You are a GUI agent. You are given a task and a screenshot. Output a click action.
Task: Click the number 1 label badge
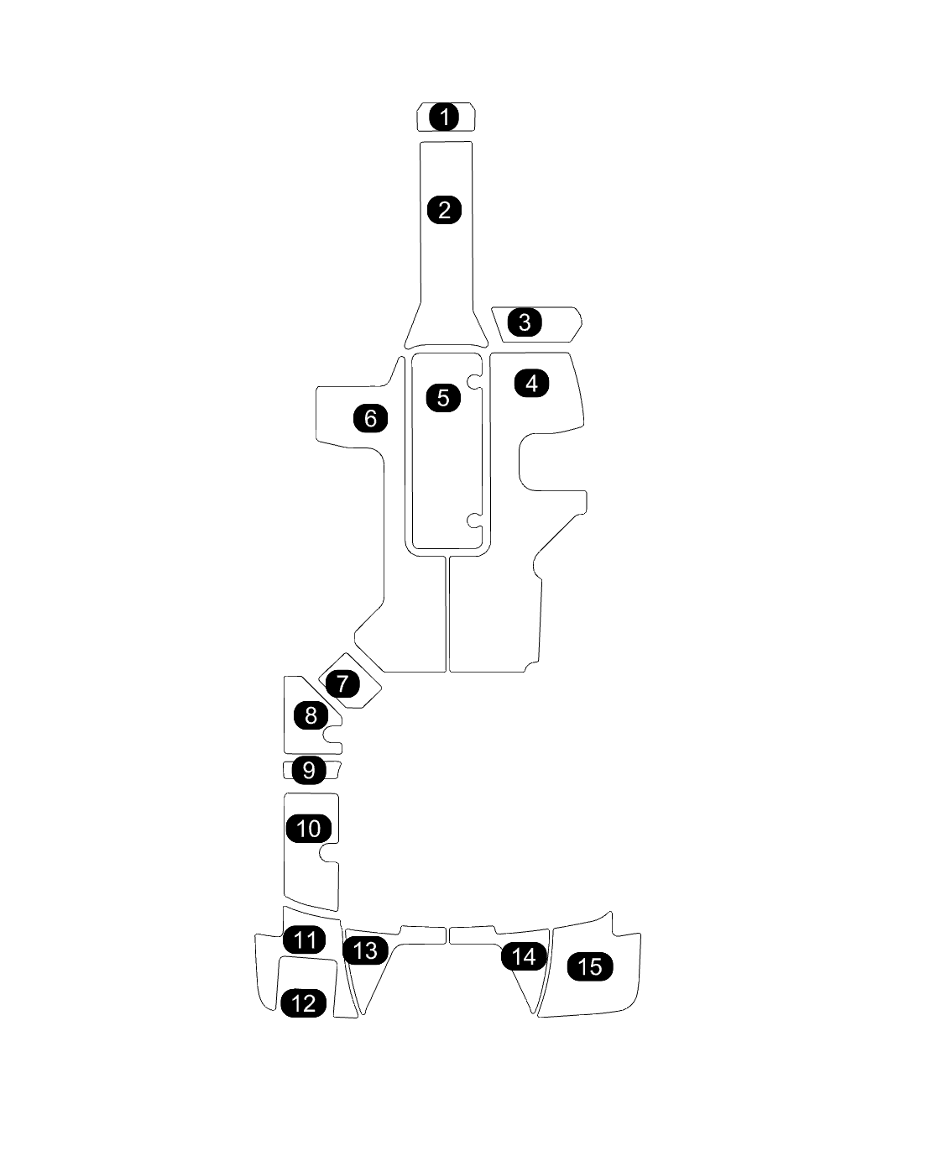(445, 117)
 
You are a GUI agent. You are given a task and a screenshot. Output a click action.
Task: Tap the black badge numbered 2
(445, 209)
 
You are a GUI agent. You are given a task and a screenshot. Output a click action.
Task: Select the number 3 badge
(525, 322)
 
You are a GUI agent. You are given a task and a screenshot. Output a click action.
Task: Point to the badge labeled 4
(531, 383)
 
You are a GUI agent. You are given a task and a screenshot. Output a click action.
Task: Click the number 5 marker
(443, 397)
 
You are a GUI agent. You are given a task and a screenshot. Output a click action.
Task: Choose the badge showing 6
(371, 417)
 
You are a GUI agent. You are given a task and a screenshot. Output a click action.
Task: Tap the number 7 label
(342, 683)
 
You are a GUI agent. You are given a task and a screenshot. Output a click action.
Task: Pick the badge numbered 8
(311, 715)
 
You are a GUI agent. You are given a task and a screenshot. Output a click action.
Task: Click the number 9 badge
(309, 770)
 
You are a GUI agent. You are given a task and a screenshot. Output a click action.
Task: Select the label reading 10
(309, 829)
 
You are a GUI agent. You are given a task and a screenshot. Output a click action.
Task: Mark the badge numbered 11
(305, 940)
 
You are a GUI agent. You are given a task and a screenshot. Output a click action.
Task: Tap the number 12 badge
(304, 1002)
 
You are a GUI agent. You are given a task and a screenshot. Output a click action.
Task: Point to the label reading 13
(366, 950)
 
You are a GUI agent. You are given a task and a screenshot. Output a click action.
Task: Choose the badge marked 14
(524, 956)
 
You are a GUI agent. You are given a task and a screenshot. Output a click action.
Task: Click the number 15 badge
(590, 966)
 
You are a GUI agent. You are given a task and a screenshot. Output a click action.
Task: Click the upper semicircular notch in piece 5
(476, 382)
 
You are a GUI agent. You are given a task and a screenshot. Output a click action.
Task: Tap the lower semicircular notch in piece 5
(476, 521)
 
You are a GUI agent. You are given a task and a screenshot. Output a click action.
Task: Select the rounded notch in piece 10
(330, 853)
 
